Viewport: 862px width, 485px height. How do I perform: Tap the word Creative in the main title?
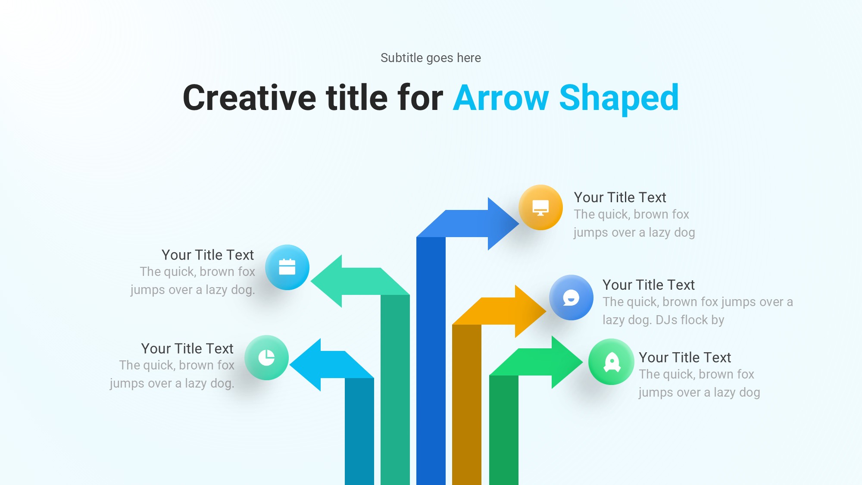(249, 98)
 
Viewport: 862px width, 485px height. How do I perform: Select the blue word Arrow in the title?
(501, 98)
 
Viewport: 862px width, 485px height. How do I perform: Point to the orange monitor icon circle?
(540, 207)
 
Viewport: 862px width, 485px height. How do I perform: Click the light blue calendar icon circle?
(287, 267)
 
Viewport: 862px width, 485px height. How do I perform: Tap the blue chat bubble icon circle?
(571, 297)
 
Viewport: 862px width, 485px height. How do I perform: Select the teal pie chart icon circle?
(266, 357)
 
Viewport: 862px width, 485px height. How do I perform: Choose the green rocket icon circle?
(611, 362)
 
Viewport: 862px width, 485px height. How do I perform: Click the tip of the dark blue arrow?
(519, 223)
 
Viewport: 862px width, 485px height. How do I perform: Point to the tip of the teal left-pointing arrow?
(311, 281)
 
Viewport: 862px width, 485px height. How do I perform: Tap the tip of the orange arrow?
(546, 311)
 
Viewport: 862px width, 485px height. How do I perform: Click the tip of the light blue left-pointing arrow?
(290, 365)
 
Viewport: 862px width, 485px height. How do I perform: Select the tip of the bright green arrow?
(583, 362)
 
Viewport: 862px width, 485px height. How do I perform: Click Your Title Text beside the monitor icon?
(620, 197)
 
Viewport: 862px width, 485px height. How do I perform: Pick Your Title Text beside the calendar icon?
(208, 255)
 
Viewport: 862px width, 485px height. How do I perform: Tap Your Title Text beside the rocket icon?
(685, 357)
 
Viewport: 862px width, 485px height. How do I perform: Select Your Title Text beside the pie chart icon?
(187, 348)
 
